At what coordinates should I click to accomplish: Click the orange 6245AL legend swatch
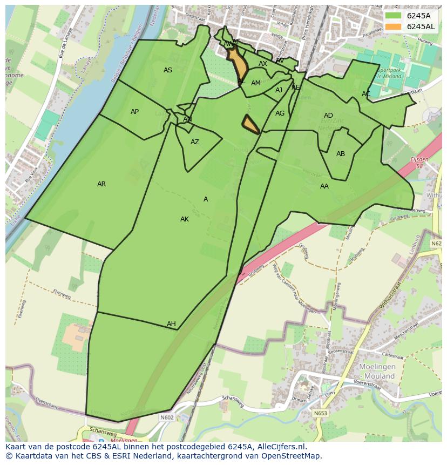pyautogui.click(x=393, y=26)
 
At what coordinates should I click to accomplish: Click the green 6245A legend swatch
pyautogui.click(x=393, y=16)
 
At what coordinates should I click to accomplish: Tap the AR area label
pyautogui.click(x=101, y=184)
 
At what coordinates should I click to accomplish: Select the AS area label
pyautogui.click(x=168, y=70)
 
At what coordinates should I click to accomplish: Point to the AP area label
pyautogui.click(x=134, y=112)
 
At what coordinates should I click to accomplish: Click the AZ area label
pyautogui.click(x=195, y=142)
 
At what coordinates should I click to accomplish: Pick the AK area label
pyautogui.click(x=185, y=219)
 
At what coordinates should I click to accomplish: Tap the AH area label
pyautogui.click(x=171, y=324)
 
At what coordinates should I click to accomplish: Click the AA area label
pyautogui.click(x=324, y=186)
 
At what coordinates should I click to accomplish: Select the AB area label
pyautogui.click(x=341, y=154)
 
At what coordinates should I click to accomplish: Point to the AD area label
pyautogui.click(x=328, y=116)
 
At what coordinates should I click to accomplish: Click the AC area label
pyautogui.click(x=366, y=94)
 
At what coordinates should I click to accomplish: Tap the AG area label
pyautogui.click(x=280, y=113)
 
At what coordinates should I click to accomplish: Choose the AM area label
pyautogui.click(x=256, y=83)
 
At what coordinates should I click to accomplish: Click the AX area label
pyautogui.click(x=263, y=64)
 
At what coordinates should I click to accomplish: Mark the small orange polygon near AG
pyautogui.click(x=250, y=125)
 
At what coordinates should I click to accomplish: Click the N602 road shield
pyautogui.click(x=167, y=417)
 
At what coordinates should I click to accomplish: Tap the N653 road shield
pyautogui.click(x=320, y=413)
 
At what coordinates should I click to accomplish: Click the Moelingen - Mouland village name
pyautogui.click(x=377, y=371)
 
